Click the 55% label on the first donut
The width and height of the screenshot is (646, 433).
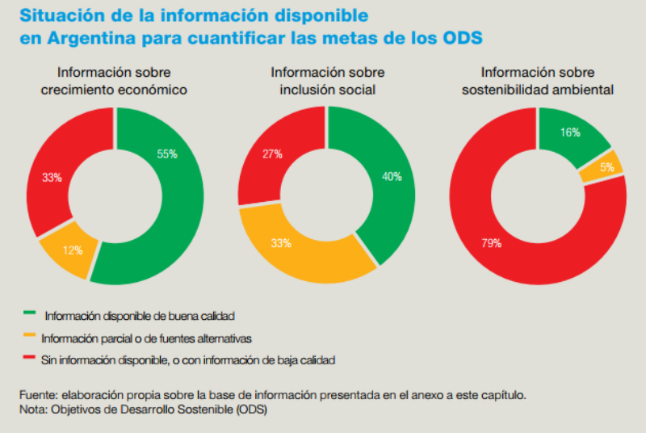click(x=167, y=153)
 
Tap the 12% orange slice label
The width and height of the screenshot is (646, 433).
click(x=73, y=250)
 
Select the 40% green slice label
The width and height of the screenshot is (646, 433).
click(x=392, y=177)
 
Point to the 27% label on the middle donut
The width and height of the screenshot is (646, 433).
click(x=271, y=154)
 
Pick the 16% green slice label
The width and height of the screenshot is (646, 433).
click(x=571, y=133)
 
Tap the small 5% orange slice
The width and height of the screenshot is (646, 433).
click(x=606, y=167)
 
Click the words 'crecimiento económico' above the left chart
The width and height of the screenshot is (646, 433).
click(x=115, y=90)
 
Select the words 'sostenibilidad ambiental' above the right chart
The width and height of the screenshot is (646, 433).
click(x=538, y=90)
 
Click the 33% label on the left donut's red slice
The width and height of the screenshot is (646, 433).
click(x=52, y=178)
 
